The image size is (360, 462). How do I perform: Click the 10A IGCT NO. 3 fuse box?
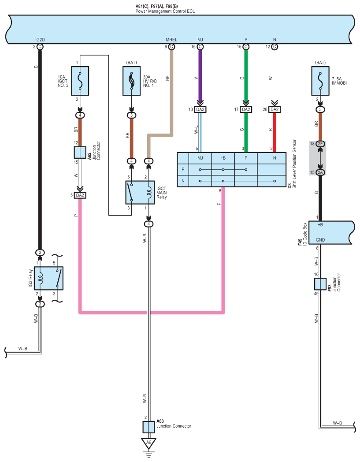80,81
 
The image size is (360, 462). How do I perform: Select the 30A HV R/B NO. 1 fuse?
131,81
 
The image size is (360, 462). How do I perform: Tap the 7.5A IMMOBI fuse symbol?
320,81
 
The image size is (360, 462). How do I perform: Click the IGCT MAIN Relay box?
140,193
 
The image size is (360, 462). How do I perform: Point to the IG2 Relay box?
48,279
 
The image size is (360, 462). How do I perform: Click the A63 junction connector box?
149,427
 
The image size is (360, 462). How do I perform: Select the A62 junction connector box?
80,153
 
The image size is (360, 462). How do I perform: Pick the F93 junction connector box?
320,284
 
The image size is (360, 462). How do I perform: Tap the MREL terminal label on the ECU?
171,40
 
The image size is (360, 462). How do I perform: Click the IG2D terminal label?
40,40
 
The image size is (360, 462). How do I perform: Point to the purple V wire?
200,75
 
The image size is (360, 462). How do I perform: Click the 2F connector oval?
320,144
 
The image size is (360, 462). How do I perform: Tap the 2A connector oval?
320,172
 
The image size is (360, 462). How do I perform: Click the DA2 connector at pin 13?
200,109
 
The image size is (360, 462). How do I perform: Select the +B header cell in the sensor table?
223,158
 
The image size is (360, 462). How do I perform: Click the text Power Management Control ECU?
165,11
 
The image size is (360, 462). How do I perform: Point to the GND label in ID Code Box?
320,240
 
